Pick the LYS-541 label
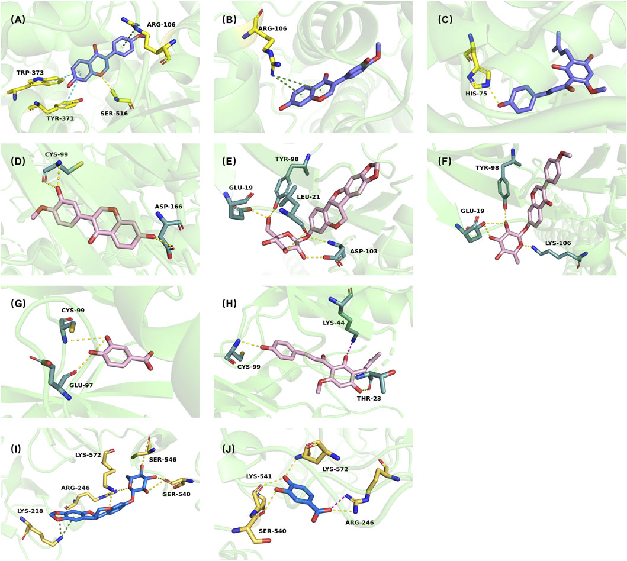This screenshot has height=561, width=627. tap(265, 476)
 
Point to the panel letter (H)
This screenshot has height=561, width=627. tap(232, 304)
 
